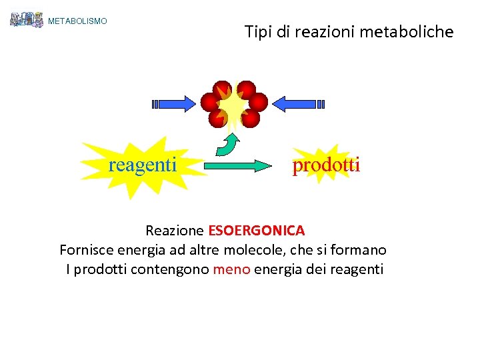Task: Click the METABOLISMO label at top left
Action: pyautogui.click(x=77, y=21)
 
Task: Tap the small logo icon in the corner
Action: pyautogui.click(x=27, y=19)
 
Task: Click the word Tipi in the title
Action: pyautogui.click(x=257, y=31)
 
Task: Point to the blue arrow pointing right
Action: pyautogui.click(x=175, y=103)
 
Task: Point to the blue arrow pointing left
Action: pyautogui.click(x=299, y=103)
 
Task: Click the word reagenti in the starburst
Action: pyautogui.click(x=143, y=164)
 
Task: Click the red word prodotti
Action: pyautogui.click(x=326, y=165)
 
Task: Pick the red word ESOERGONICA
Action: pyautogui.click(x=257, y=231)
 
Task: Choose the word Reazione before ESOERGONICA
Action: pyautogui.click(x=175, y=231)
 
